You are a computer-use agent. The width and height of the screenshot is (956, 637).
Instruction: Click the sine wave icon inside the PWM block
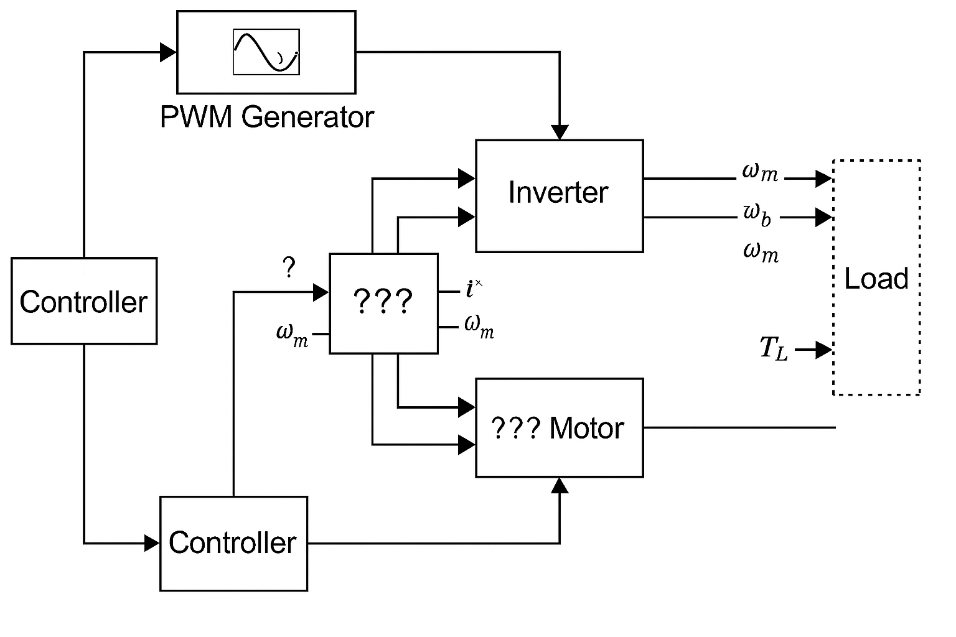point(266,52)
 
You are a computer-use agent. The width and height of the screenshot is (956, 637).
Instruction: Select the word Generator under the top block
point(308,117)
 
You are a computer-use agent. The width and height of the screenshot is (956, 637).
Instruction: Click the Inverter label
point(558,192)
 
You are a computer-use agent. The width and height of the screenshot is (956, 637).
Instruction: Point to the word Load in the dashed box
point(876,278)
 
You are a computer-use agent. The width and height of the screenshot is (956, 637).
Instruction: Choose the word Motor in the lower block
point(587,429)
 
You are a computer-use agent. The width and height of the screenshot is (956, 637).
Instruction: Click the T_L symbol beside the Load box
point(774,348)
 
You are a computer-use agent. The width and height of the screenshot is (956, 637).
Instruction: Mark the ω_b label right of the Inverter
point(757,215)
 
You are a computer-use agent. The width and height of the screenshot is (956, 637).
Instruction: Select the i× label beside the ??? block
point(474,288)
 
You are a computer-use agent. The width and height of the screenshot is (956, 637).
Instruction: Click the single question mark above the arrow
point(288,268)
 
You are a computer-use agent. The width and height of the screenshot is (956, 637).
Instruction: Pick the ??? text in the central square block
point(383,302)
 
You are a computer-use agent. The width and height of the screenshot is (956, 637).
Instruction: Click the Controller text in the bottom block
point(232,542)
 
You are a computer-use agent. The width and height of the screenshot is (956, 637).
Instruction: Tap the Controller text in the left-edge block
point(83,302)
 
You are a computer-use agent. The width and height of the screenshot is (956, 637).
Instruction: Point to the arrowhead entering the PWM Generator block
point(168,52)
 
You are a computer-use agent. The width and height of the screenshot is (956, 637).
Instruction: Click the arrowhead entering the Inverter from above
point(560,132)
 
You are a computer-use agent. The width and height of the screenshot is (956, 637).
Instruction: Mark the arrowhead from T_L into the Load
point(824,350)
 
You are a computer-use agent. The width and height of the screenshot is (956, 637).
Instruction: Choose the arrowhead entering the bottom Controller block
point(152,543)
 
